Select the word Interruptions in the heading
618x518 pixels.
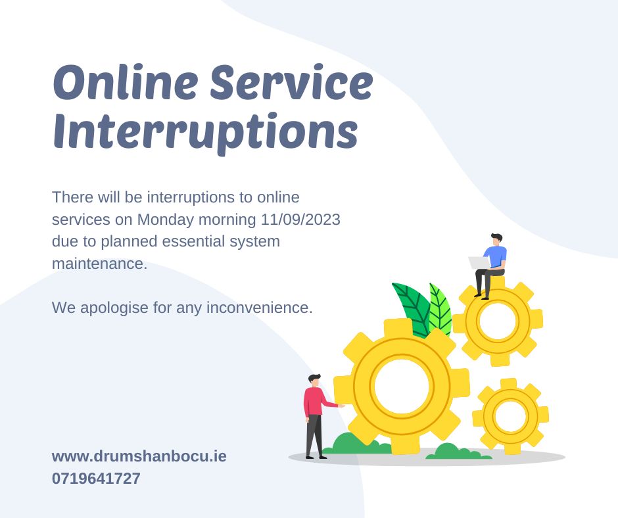(x=205, y=131)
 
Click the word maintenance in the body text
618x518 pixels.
(x=99, y=264)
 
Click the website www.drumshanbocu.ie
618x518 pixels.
(x=139, y=456)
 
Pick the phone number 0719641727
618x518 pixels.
(x=96, y=479)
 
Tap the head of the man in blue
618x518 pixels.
(x=496, y=239)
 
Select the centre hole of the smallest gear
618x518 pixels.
(x=510, y=416)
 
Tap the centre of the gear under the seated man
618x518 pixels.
(x=498, y=321)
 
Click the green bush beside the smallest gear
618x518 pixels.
(x=452, y=452)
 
